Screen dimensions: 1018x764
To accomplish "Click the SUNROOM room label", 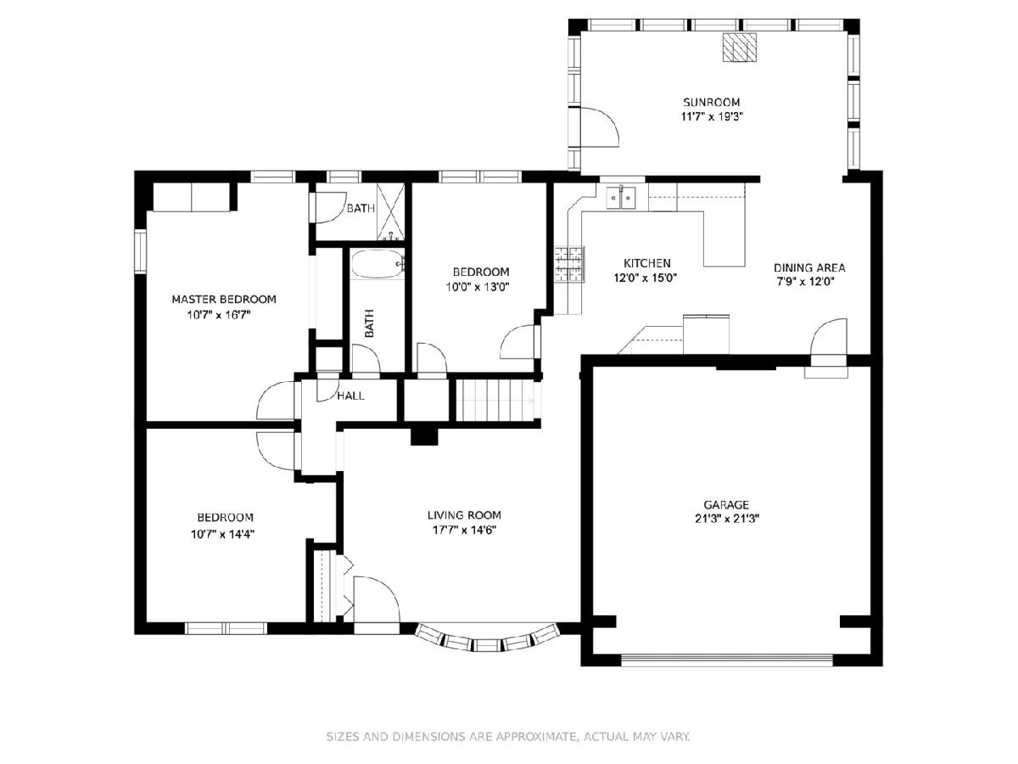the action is point(712,102).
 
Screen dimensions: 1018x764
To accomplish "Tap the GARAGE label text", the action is point(726,505).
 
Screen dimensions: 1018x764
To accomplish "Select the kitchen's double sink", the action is point(622,198).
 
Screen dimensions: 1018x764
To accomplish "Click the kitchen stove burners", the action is point(569,264).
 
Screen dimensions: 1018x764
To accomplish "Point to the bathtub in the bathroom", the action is point(378,264).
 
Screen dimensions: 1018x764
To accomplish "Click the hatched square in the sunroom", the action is point(740,47).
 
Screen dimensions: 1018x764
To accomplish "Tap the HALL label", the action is point(350,396).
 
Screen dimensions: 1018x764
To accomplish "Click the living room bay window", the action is point(487,640).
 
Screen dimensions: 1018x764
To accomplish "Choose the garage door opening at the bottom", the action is point(727,660).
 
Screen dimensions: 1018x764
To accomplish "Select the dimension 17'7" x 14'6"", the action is point(464,530).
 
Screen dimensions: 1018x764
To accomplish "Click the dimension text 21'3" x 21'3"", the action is point(726,519).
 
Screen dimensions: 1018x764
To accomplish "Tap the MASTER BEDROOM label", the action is point(224,299).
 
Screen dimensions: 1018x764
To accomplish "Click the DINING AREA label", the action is point(809,267).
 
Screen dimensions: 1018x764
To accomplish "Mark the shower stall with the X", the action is point(390,212).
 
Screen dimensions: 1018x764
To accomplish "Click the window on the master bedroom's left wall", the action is point(140,250).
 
